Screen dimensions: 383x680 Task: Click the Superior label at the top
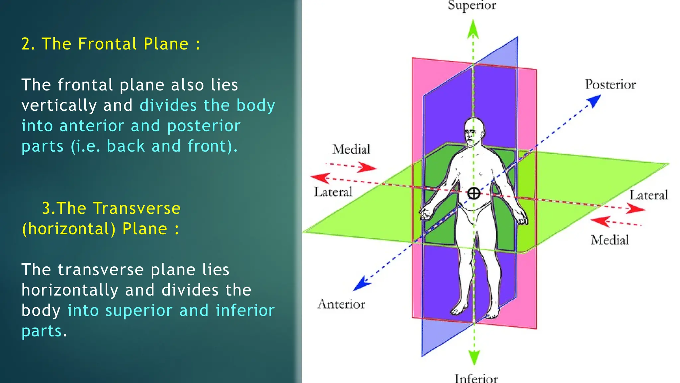point(472,5)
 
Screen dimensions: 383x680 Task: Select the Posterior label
point(610,84)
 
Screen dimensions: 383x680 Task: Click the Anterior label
point(341,304)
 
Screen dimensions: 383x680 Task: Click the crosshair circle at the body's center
point(474,193)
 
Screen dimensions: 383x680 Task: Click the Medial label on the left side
point(351,149)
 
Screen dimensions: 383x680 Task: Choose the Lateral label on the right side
point(649,195)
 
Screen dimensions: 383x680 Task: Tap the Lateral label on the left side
point(333,192)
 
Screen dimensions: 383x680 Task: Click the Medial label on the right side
point(610,240)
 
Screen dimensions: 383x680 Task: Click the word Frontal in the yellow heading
point(107,44)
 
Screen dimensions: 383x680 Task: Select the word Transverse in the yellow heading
point(136,208)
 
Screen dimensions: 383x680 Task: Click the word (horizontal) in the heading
point(69,229)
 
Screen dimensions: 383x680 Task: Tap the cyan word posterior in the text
point(204,126)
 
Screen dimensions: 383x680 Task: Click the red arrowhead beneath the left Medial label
point(369,167)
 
